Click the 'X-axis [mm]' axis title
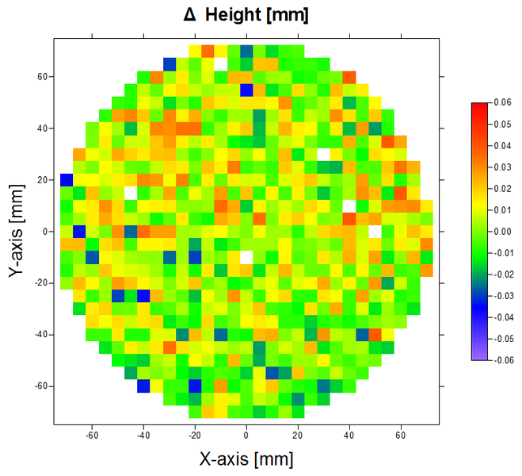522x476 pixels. (246, 458)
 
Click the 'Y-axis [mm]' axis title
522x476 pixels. (17, 232)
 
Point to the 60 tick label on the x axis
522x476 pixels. (401, 436)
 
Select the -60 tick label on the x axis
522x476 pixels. (91, 436)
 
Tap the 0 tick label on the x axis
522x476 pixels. (246, 436)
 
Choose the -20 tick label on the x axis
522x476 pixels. (194, 436)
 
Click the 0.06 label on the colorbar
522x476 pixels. (501, 102)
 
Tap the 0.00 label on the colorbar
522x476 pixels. (501, 231)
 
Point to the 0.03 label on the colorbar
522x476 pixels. (501, 167)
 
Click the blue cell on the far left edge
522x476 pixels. (67, 179)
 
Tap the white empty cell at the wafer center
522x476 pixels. (246, 257)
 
